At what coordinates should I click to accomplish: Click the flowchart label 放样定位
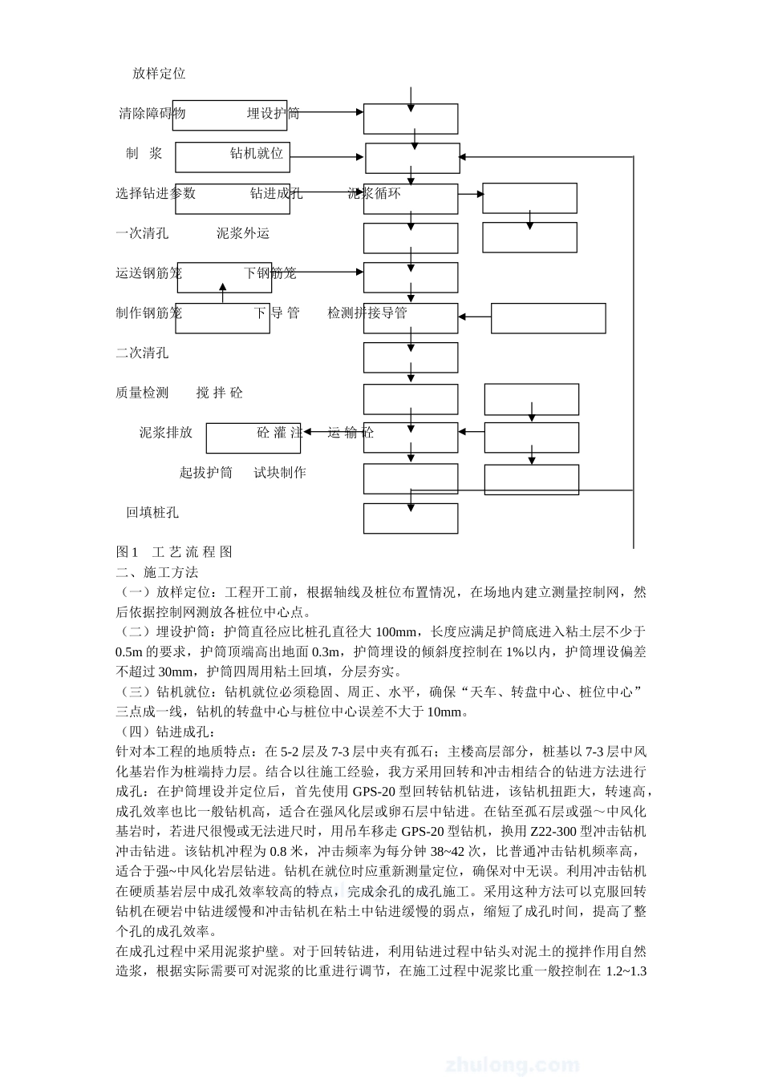159,74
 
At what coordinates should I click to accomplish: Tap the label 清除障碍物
152,114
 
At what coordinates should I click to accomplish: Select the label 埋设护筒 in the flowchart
273,114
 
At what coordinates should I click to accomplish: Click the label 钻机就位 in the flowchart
257,153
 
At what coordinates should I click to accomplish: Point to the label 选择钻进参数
156,193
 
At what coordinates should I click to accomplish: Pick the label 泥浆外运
243,233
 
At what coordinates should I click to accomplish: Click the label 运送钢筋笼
148,273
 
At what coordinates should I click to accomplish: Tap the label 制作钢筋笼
148,313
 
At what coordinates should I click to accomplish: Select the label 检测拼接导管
367,313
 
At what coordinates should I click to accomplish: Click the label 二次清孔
142,353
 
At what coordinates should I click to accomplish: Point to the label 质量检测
142,393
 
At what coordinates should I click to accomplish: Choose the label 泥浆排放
166,433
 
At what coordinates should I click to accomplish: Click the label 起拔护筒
206,473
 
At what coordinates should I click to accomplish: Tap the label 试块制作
280,473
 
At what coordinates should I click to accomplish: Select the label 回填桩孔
152,513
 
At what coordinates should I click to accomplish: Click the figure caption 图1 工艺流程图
174,552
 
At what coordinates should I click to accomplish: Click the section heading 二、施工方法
157,572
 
